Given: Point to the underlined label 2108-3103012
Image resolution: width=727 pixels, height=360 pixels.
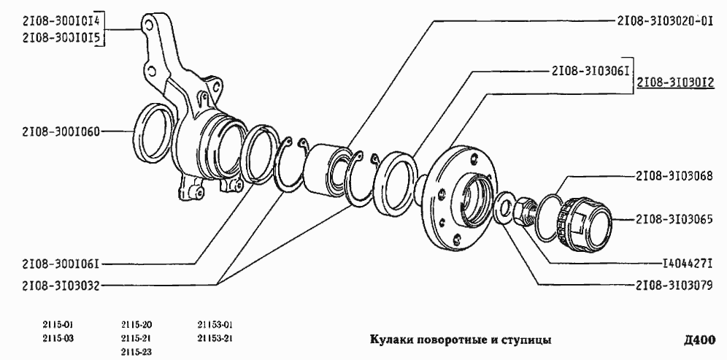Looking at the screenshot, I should (674, 84).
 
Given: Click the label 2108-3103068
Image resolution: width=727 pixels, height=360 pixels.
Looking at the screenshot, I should (674, 177).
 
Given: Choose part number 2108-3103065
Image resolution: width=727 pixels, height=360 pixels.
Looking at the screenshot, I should (674, 218).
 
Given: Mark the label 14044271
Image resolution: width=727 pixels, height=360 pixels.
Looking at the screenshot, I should (687, 261).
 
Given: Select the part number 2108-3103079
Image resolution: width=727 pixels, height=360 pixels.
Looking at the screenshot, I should (674, 286).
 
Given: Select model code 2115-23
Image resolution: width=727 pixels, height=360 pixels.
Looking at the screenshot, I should (136, 351).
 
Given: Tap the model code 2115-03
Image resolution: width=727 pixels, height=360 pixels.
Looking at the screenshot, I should (58, 338).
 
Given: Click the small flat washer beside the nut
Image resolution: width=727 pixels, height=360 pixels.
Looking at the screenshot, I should (504, 207).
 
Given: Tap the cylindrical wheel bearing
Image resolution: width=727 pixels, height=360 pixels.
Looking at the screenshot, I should (328, 172).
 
